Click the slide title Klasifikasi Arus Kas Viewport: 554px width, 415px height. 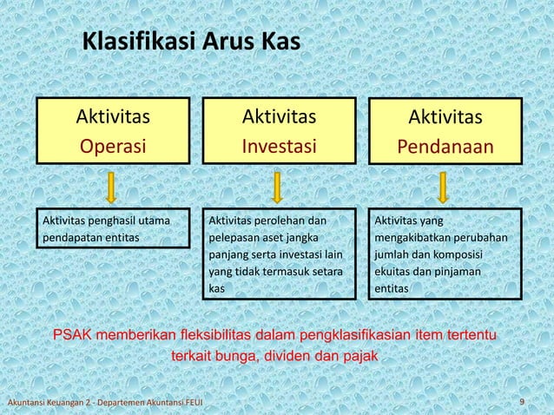click(190, 42)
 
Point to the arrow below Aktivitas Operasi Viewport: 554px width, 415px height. click(112, 186)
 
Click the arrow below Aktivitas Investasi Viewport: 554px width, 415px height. click(278, 186)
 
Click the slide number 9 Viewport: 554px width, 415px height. click(521, 400)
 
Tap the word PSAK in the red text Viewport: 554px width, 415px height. click(76, 335)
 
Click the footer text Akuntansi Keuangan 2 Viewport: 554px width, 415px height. click(49, 401)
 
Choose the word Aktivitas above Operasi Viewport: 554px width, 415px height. click(112, 117)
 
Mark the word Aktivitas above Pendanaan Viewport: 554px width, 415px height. click(445, 118)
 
